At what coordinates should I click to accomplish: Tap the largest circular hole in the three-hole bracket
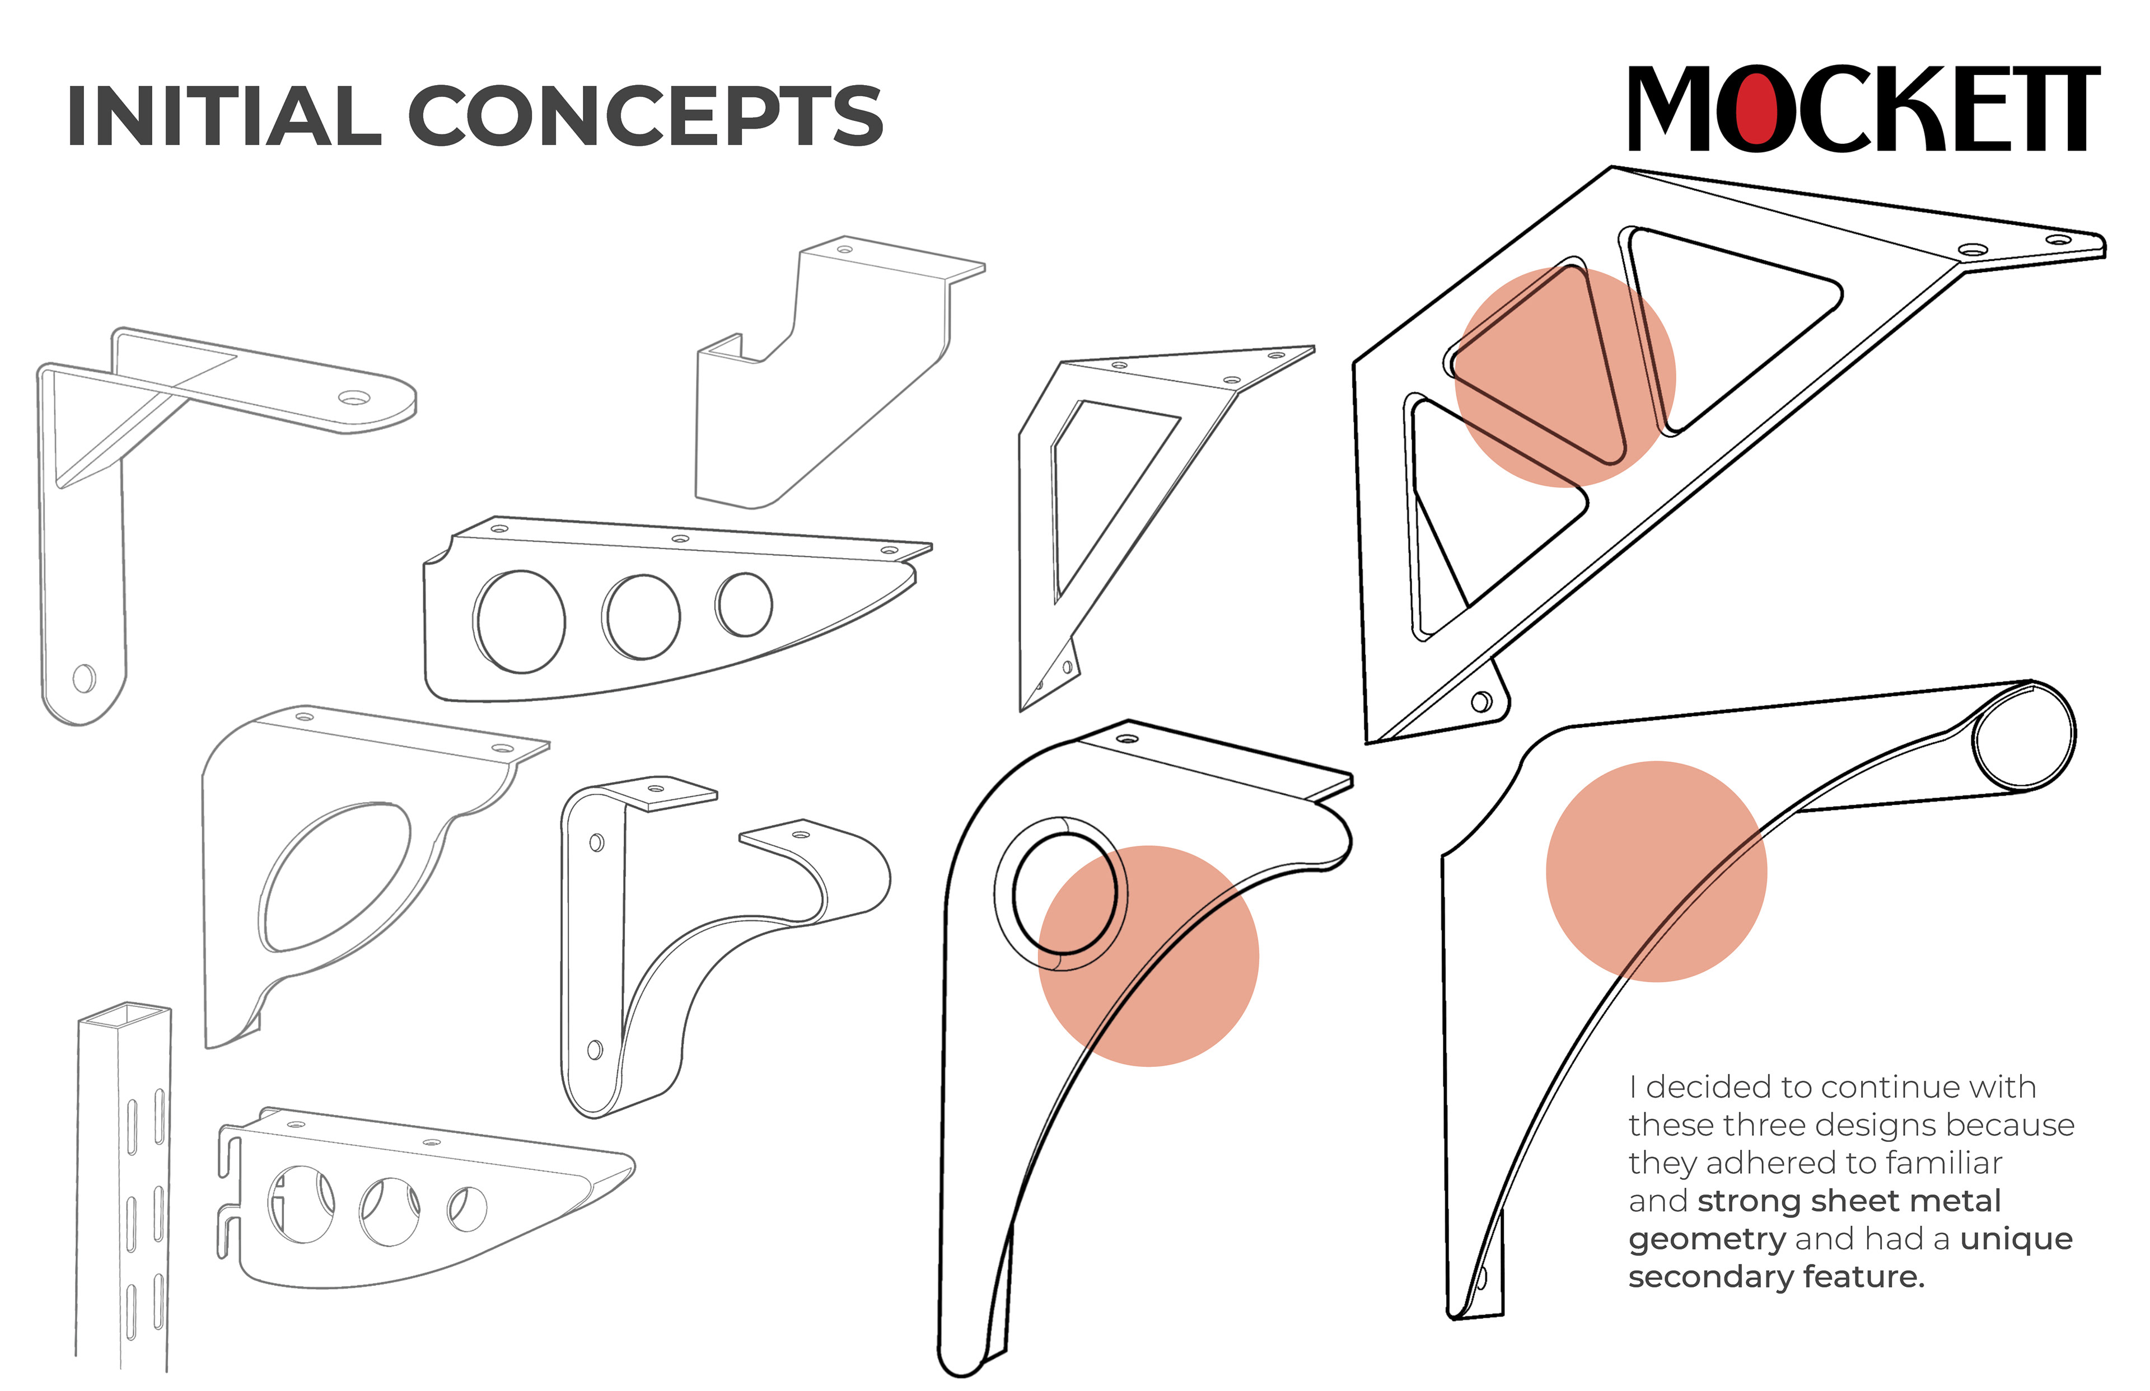point(520,621)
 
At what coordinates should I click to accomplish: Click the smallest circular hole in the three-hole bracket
point(744,603)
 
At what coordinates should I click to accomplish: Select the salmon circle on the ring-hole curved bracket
point(1148,956)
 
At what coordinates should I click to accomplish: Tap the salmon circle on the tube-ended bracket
point(1656,871)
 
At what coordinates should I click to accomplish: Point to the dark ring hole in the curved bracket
point(1064,892)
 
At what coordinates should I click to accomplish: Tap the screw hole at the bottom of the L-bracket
point(84,677)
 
